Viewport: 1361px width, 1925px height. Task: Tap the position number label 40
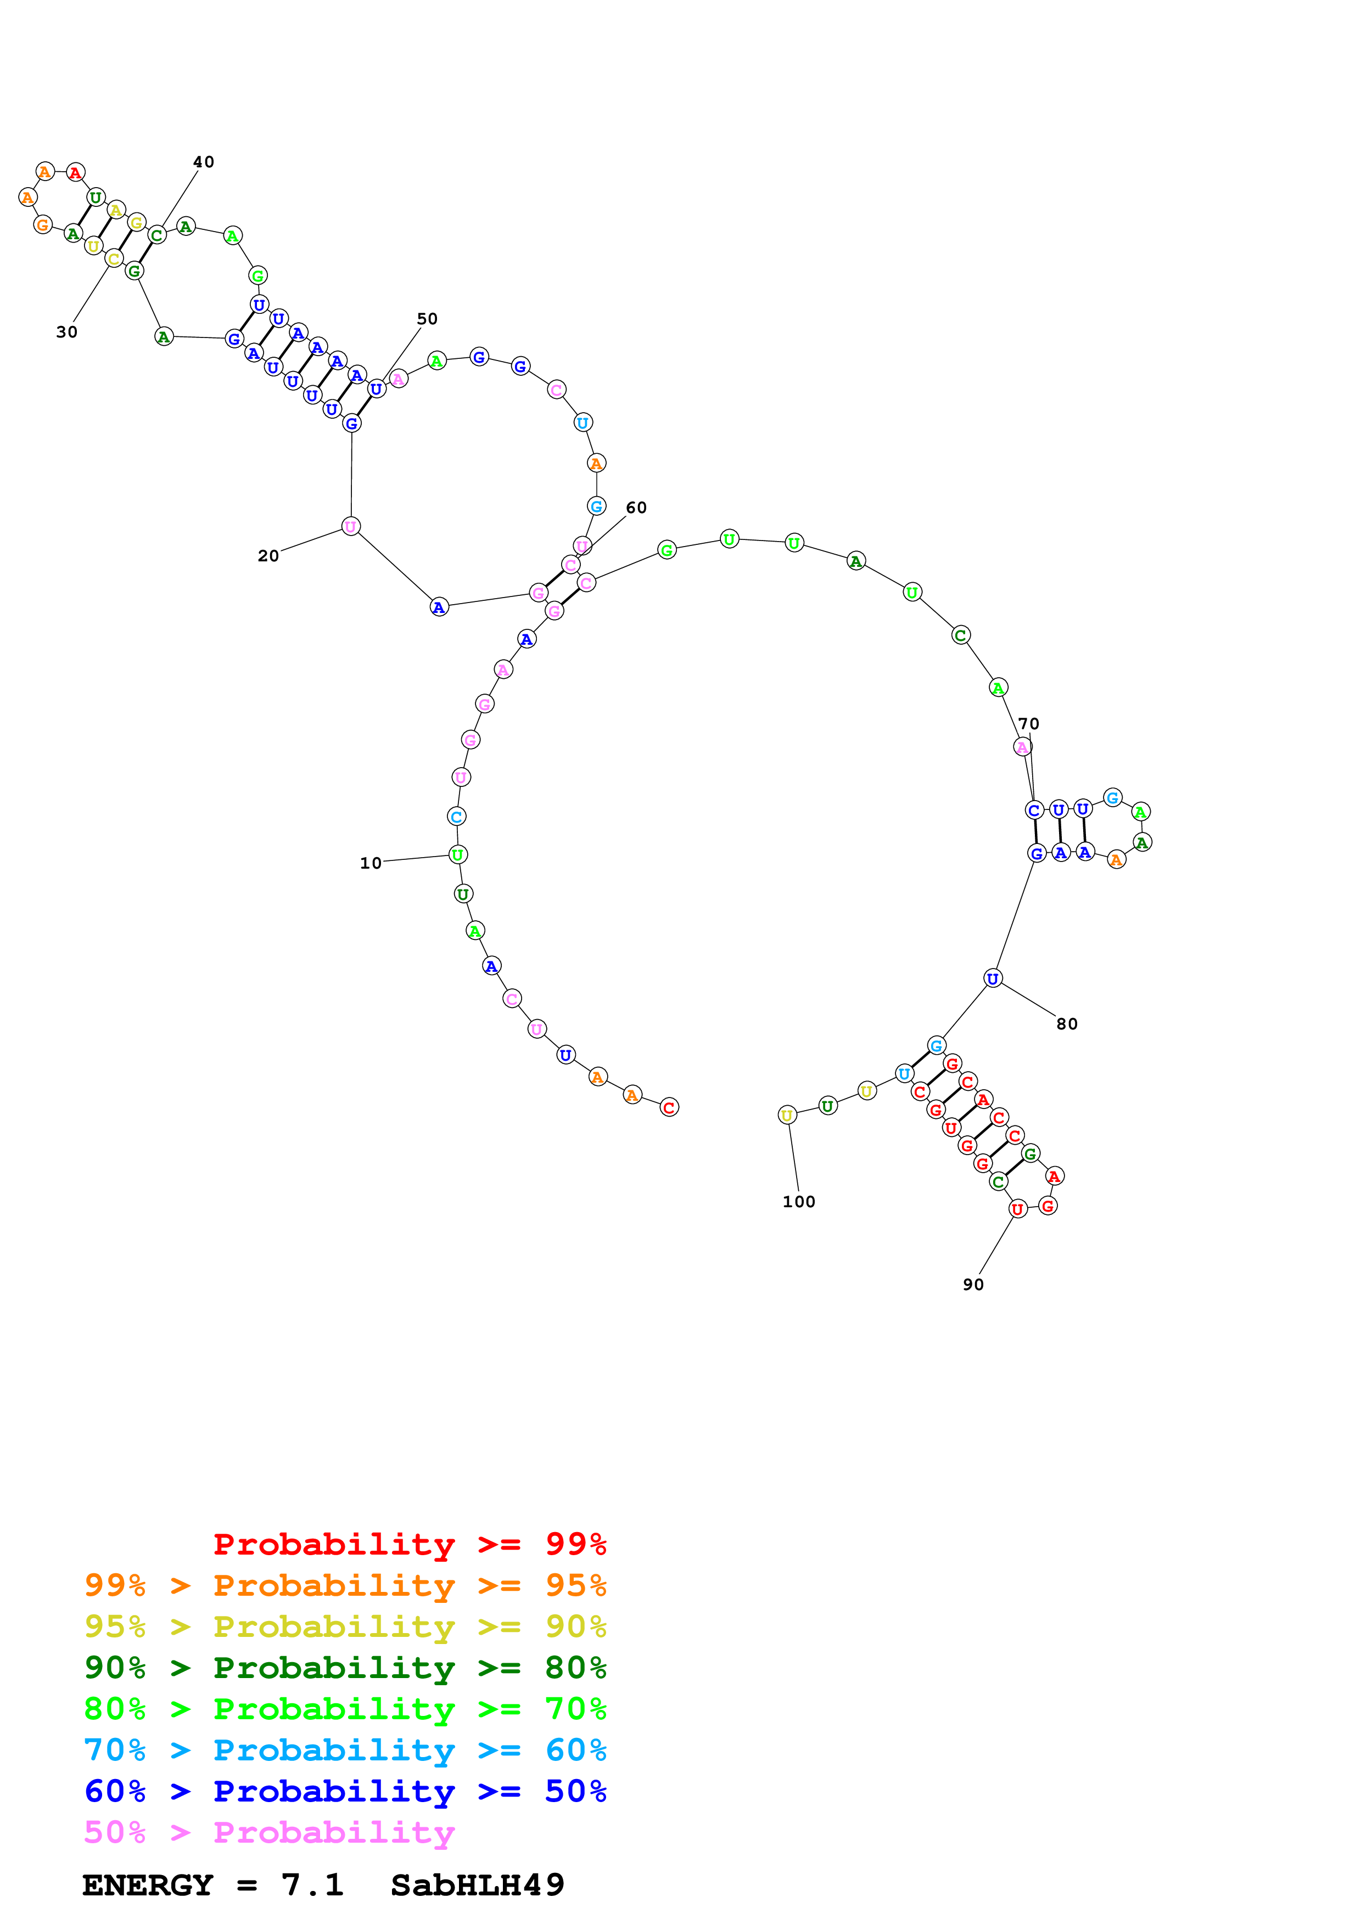click(204, 162)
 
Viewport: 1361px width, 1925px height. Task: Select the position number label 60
click(636, 507)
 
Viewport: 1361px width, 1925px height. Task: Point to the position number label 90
click(973, 1285)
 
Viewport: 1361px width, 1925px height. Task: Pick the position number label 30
click(67, 332)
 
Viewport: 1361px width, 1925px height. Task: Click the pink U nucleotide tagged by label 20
click(350, 527)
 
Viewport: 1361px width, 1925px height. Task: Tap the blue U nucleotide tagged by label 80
click(993, 978)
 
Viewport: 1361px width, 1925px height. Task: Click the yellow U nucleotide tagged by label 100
click(787, 1115)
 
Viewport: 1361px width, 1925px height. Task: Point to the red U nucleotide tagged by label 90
click(1017, 1209)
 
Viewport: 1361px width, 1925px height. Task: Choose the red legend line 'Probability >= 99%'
click(409, 1544)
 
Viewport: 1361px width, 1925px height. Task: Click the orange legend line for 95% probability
click(345, 1585)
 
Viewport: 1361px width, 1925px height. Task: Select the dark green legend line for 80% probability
click(345, 1668)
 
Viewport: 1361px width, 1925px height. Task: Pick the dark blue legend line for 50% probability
click(345, 1791)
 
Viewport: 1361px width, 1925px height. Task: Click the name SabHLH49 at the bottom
click(477, 1885)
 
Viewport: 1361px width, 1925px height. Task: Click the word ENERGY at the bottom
click(148, 1885)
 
